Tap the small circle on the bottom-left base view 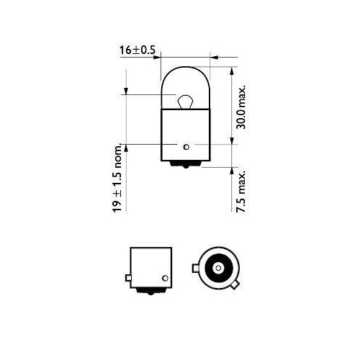pos(164,277)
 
